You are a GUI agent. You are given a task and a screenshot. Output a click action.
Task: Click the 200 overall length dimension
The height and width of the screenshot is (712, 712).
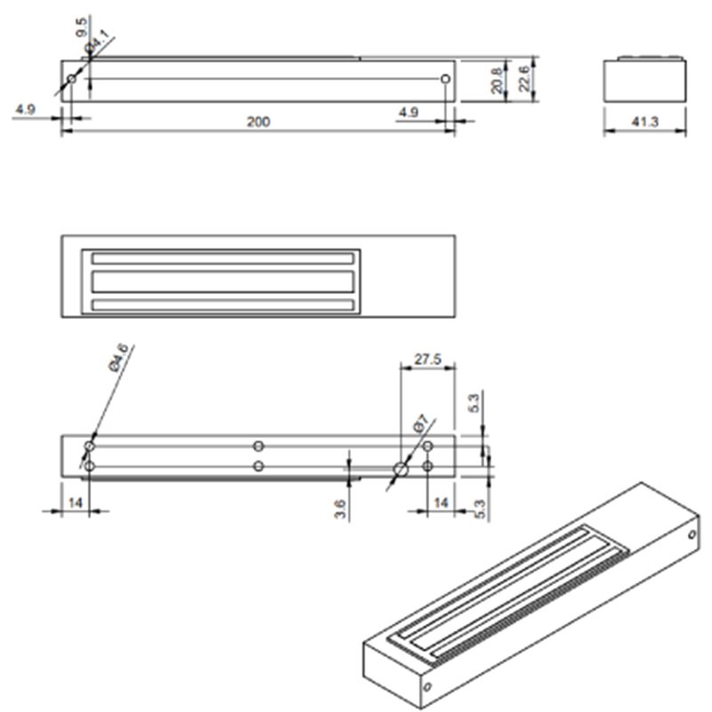tap(258, 122)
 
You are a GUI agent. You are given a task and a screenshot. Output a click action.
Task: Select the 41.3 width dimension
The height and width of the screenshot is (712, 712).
tap(644, 122)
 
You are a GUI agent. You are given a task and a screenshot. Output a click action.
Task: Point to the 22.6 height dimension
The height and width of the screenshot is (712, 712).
tap(524, 78)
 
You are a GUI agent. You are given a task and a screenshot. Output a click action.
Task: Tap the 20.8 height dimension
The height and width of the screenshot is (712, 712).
tap(498, 81)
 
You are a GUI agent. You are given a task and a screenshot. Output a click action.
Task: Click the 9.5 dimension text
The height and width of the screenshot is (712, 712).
tap(81, 28)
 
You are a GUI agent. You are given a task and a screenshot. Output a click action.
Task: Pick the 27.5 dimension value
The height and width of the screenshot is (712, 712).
tap(428, 360)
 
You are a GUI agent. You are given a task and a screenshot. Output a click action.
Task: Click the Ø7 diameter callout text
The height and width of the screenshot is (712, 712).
tap(420, 424)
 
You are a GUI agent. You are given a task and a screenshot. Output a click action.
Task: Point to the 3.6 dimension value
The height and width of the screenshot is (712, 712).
tap(340, 509)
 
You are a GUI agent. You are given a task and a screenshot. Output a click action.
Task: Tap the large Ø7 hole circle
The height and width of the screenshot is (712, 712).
tap(400, 469)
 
